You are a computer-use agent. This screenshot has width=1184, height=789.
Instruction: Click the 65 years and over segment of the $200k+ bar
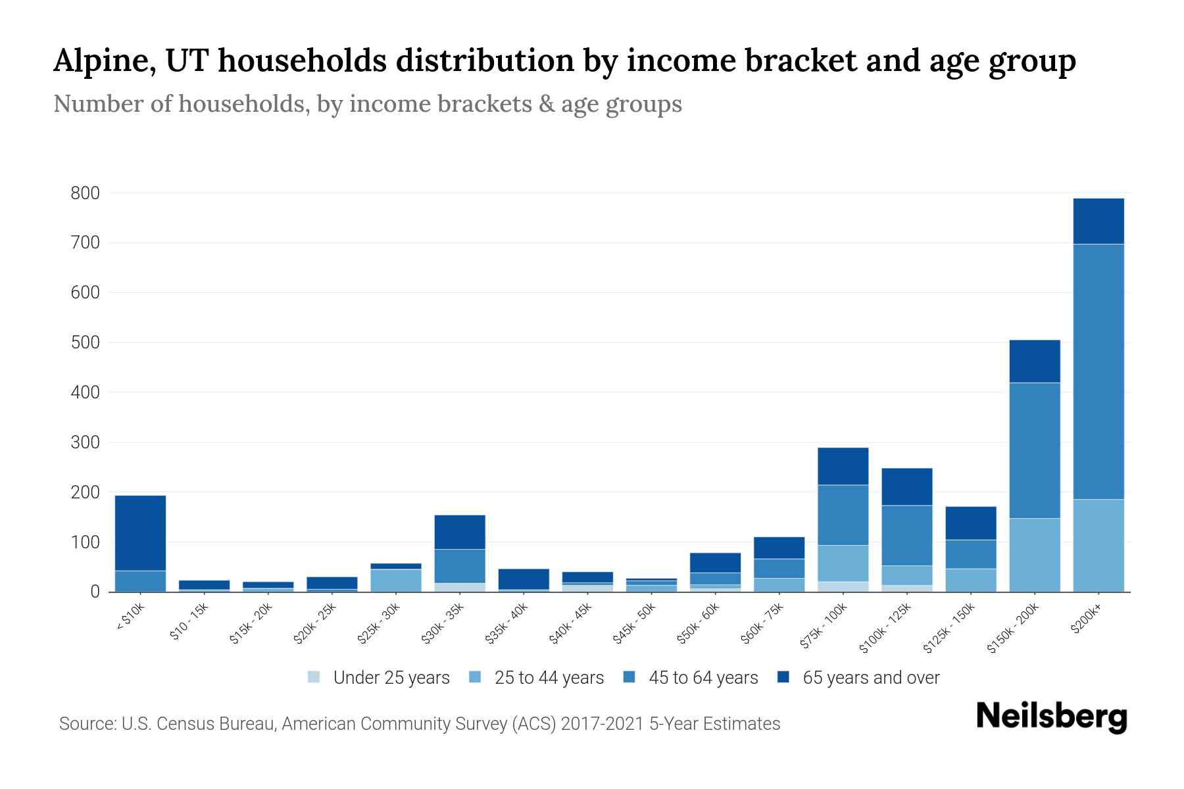click(1098, 221)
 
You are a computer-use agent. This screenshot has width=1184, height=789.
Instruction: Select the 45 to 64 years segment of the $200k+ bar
click(1098, 371)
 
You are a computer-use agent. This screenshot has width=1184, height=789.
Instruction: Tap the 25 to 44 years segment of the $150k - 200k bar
click(1035, 555)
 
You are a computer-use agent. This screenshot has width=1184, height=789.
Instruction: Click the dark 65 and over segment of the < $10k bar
click(140, 533)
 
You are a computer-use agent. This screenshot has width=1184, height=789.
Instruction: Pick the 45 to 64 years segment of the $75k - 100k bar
click(843, 515)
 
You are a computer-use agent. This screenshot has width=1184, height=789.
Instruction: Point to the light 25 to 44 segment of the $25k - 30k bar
click(396, 580)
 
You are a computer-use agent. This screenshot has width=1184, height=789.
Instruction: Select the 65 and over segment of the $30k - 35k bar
click(460, 532)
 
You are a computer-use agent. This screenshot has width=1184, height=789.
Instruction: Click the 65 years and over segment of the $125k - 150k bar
click(971, 523)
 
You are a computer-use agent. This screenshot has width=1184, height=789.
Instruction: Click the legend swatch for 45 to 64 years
click(629, 677)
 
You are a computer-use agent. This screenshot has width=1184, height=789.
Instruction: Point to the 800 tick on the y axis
click(86, 193)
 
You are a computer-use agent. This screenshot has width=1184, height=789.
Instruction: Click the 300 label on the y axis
click(86, 442)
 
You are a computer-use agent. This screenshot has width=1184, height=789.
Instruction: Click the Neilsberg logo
click(1051, 716)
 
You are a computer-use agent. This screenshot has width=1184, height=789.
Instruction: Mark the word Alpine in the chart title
click(105, 61)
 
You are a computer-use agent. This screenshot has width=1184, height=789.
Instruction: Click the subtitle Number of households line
click(367, 104)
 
